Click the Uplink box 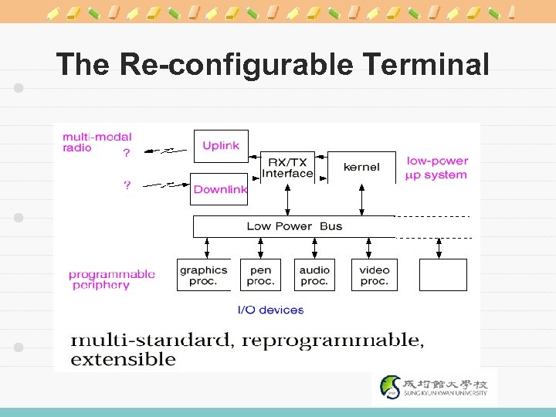click(220, 146)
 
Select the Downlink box click(219, 189)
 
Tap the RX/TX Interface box click(288, 168)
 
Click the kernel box click(361, 167)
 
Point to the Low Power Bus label click(294, 226)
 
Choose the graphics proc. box click(204, 275)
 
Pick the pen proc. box click(261, 275)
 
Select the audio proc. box click(314, 275)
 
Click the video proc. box click(375, 275)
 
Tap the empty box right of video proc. click(442, 275)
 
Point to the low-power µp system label click(437, 168)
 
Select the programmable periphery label click(111, 280)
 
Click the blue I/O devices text click(270, 310)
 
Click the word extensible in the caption click(124, 359)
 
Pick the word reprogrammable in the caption click(333, 340)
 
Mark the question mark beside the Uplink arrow click(126, 153)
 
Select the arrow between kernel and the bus click(361, 200)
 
